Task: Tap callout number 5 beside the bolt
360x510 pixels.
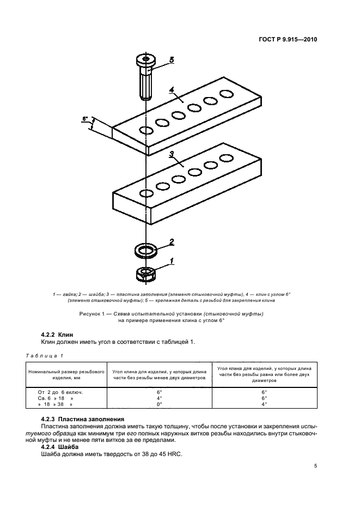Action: pyautogui.click(x=171, y=60)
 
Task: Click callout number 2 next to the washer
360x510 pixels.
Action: pyautogui.click(x=171, y=241)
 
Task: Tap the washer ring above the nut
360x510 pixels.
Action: pyautogui.click(x=145, y=251)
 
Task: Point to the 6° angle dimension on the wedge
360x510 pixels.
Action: pyautogui.click(x=85, y=118)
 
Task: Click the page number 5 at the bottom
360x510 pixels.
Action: pyautogui.click(x=316, y=466)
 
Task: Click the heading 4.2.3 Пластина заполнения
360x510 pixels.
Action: pyautogui.click(x=83, y=418)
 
